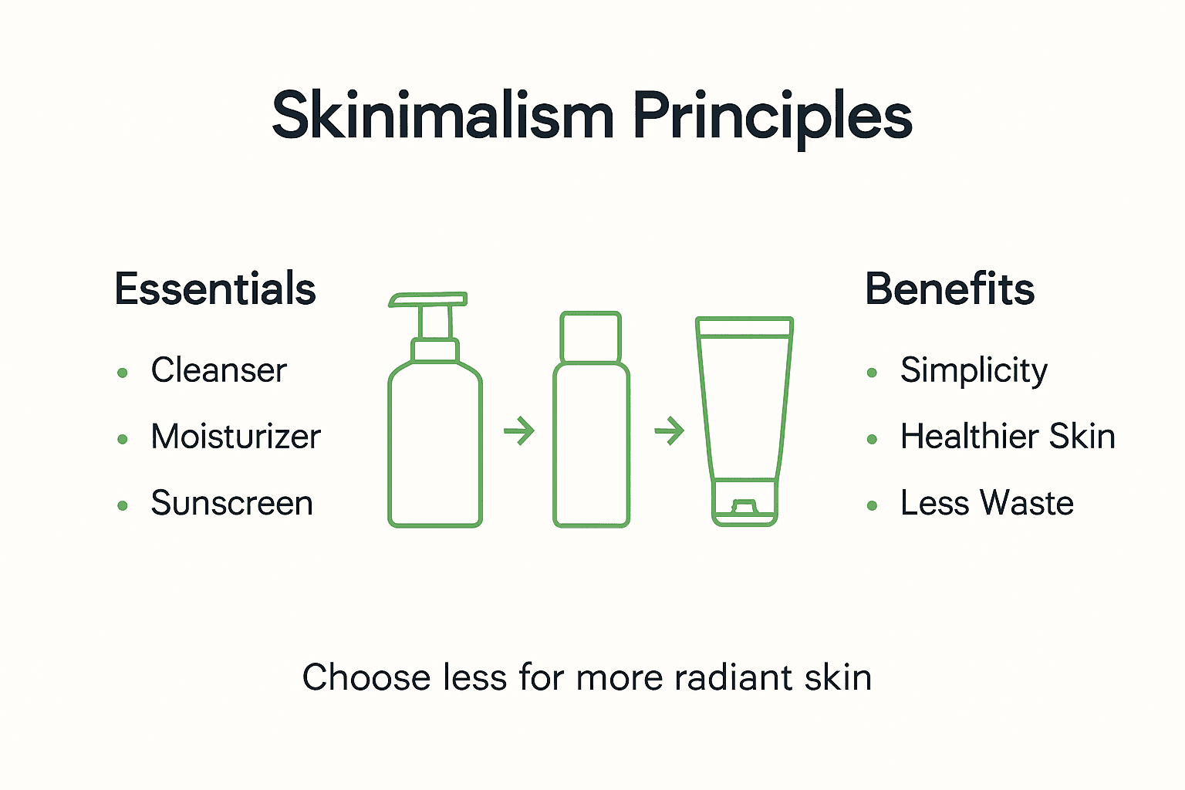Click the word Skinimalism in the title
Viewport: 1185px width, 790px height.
click(x=443, y=116)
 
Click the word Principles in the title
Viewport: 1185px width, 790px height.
click(x=772, y=117)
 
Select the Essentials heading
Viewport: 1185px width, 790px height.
click(x=215, y=289)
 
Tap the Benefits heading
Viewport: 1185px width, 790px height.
click(x=950, y=289)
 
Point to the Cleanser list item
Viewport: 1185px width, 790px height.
click(x=218, y=370)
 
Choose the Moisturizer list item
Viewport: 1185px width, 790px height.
click(x=235, y=437)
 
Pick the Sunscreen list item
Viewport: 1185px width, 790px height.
click(x=231, y=504)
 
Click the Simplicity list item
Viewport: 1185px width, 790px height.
click(x=974, y=371)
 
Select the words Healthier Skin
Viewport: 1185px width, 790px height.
click(x=1008, y=437)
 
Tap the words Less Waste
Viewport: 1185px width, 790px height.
click(x=987, y=504)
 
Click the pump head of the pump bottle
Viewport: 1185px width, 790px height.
click(x=429, y=300)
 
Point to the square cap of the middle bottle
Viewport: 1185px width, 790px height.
click(x=590, y=336)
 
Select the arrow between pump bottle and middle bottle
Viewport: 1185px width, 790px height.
click(x=519, y=430)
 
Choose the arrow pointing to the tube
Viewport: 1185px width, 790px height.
click(x=669, y=430)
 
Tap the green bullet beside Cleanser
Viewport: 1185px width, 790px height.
click(x=122, y=373)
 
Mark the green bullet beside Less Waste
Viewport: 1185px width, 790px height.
click(x=872, y=506)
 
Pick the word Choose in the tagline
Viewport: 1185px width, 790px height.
click(x=366, y=677)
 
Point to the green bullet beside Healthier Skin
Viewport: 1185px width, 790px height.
click(x=872, y=440)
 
